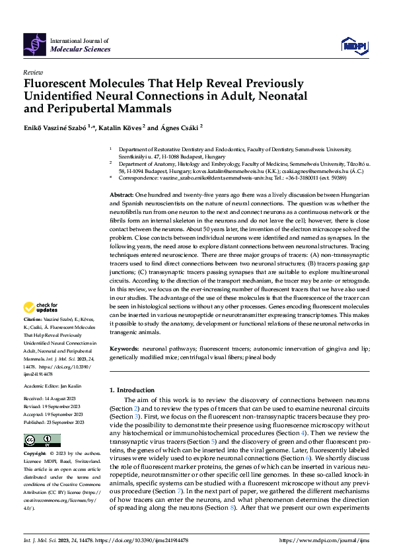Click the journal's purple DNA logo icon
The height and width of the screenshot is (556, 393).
tap(35, 44)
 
